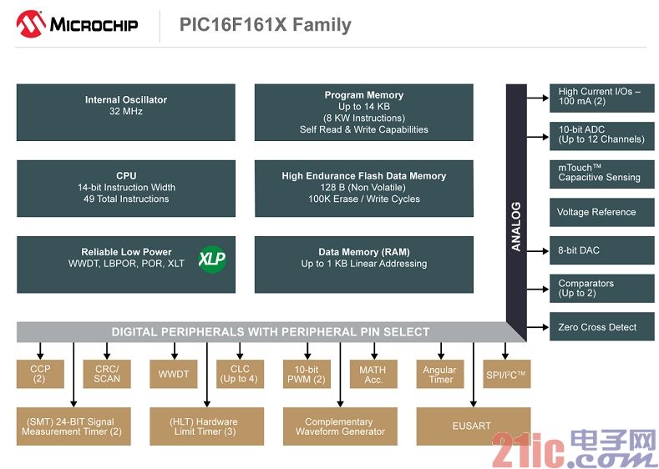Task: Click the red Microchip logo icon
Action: tap(30, 24)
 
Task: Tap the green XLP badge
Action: tap(212, 259)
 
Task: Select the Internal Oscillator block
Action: tap(125, 112)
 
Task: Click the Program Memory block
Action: tap(364, 112)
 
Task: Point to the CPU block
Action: tap(125, 188)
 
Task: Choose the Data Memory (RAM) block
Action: tap(364, 265)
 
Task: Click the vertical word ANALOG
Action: tap(516, 227)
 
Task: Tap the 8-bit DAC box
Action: tap(602, 250)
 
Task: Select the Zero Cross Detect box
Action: tap(602, 326)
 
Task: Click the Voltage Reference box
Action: tap(602, 212)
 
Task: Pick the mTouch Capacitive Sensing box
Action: tap(602, 174)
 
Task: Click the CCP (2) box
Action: tap(40, 374)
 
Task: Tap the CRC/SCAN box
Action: tap(107, 374)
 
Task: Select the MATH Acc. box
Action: tap(373, 374)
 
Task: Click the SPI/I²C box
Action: tap(507, 374)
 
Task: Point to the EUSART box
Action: tap(474, 426)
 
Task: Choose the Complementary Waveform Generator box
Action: tap(340, 426)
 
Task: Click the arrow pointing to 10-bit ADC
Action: tap(538, 137)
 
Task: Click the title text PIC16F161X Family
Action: tap(266, 24)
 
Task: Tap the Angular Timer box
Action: tap(440, 374)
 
